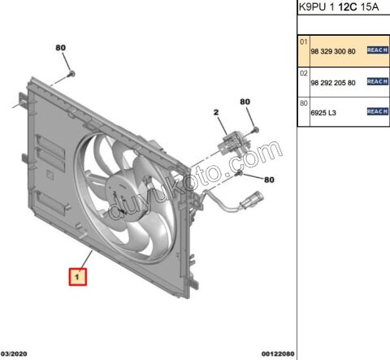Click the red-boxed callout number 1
(x=78, y=276)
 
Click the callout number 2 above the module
(x=216, y=112)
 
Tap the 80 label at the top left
(x=60, y=48)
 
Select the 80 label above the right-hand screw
(x=245, y=102)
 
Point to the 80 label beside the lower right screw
(x=269, y=180)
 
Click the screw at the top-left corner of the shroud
(x=71, y=74)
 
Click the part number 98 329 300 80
(x=333, y=51)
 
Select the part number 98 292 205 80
(x=333, y=83)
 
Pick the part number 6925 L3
(x=323, y=113)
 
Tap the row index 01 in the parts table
(x=304, y=42)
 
